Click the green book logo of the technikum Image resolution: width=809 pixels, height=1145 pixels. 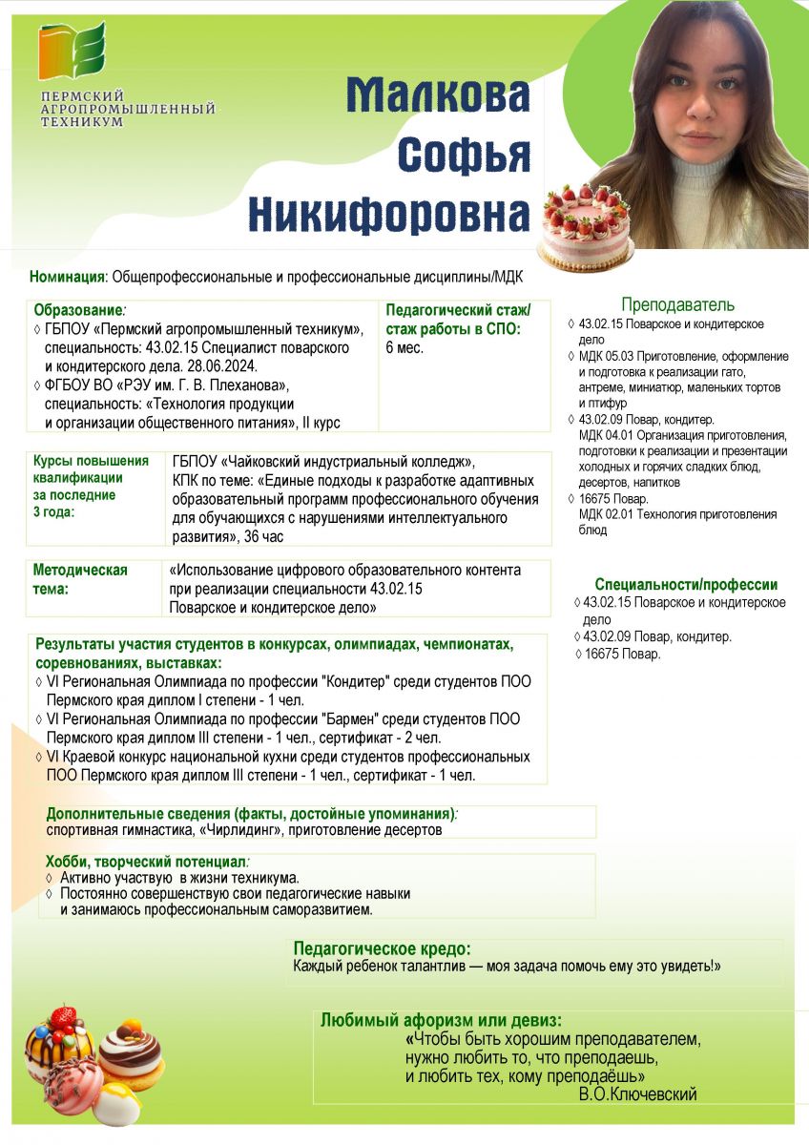tap(72, 52)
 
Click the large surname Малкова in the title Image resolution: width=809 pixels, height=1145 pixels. tap(437, 95)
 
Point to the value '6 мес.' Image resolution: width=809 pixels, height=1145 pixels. tap(404, 347)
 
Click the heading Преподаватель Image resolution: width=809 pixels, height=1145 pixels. tap(677, 304)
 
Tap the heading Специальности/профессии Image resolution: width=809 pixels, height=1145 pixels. tap(686, 584)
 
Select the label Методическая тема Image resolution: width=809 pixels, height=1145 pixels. tap(80, 578)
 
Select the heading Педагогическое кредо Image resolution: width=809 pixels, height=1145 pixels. tap(382, 948)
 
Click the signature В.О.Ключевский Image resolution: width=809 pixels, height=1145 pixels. tap(637, 1093)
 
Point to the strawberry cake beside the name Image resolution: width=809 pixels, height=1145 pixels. tap(586, 230)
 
